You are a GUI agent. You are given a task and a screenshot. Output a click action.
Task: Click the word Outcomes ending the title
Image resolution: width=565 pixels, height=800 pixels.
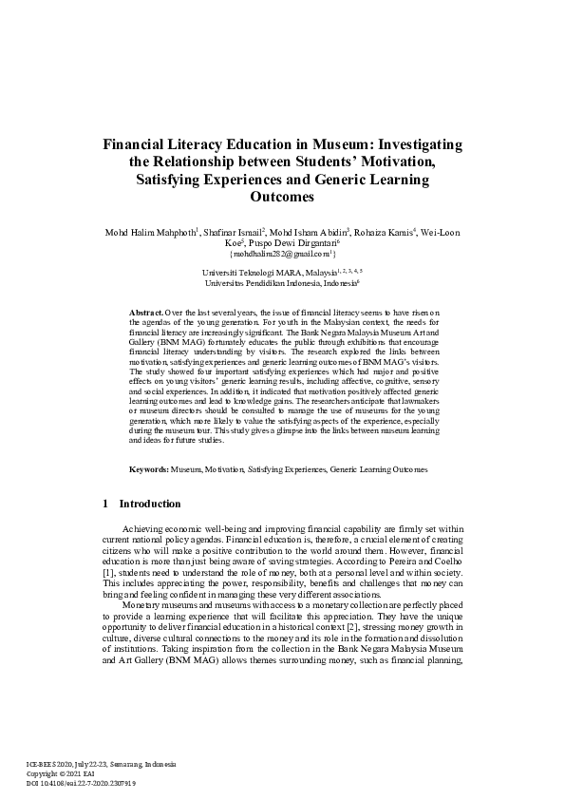pyautogui.click(x=281, y=198)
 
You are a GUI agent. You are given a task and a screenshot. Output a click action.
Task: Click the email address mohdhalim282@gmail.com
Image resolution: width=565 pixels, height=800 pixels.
pyautogui.click(x=281, y=254)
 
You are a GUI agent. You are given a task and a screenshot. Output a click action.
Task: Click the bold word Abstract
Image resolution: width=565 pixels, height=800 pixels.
pyautogui.click(x=145, y=312)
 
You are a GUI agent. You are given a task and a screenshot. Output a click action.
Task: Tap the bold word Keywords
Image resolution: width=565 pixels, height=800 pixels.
pyautogui.click(x=149, y=469)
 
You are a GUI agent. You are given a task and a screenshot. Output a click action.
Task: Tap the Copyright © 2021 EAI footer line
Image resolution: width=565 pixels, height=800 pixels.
pyautogui.click(x=57, y=774)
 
